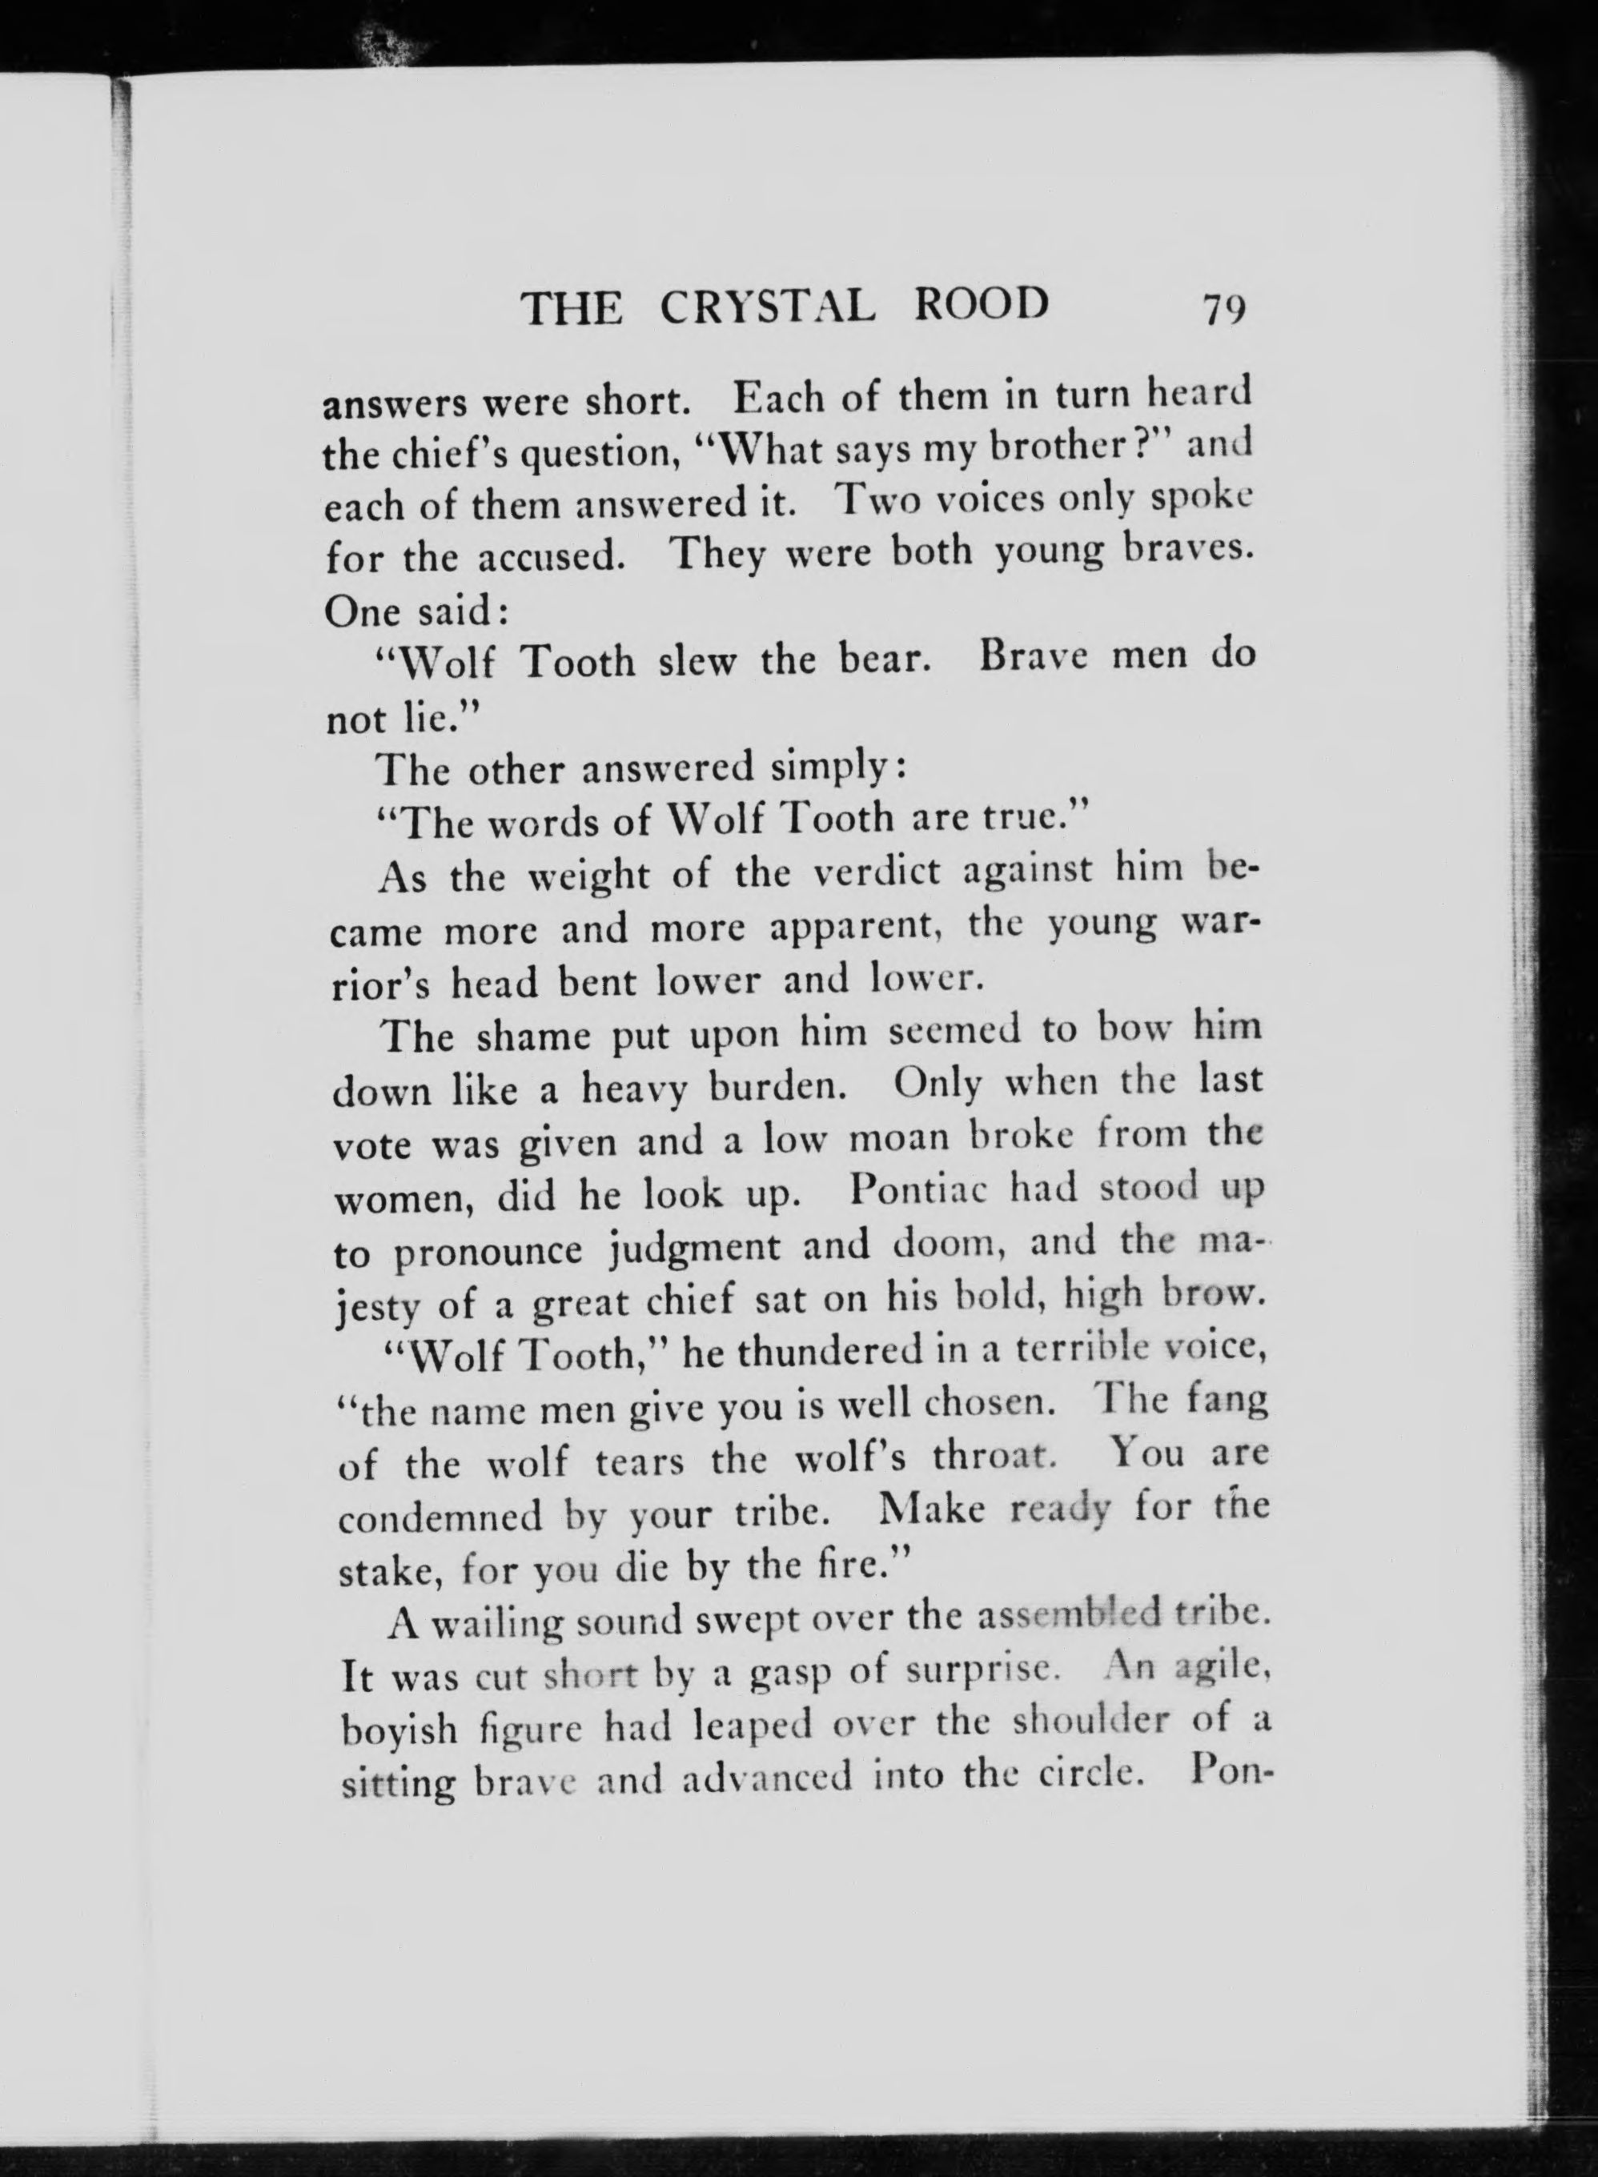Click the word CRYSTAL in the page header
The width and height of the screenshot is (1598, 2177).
[x=769, y=307]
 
